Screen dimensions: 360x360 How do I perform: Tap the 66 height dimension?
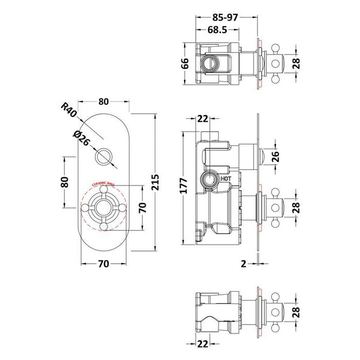pyautogui.click(x=186, y=63)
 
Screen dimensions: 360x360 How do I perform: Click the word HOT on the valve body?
pyautogui.click(x=226, y=178)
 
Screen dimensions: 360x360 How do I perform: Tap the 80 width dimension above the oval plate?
pyautogui.click(x=103, y=101)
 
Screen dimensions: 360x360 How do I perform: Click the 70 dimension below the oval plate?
pyautogui.click(x=103, y=264)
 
